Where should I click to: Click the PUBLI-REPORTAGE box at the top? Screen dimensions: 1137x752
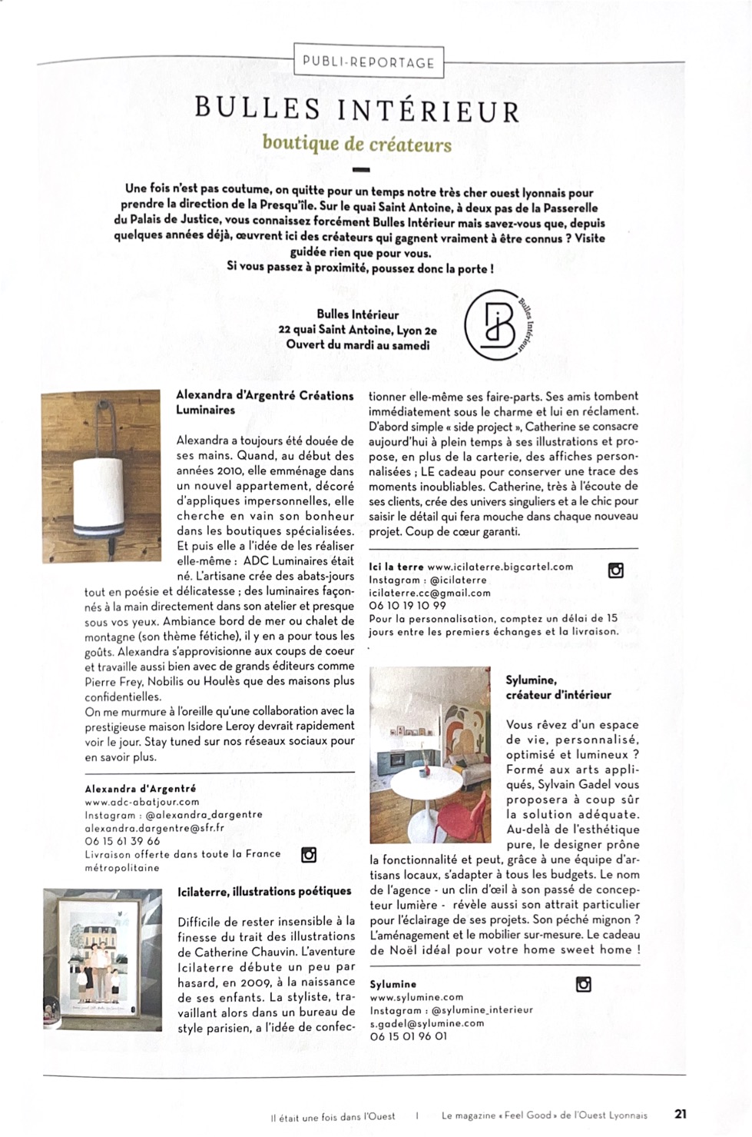(x=369, y=62)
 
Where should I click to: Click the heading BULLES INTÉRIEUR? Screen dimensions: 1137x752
(x=357, y=110)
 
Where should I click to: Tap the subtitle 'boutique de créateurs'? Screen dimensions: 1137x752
(x=357, y=144)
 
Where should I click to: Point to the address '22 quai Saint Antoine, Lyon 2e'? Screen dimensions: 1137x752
(x=357, y=330)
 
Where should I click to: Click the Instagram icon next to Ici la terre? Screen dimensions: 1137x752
(x=615, y=570)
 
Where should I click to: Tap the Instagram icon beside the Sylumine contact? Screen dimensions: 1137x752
(x=584, y=984)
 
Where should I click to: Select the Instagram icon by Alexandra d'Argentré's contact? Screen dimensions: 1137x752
(x=309, y=855)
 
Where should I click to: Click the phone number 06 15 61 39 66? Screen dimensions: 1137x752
(x=122, y=841)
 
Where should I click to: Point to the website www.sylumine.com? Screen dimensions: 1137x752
(x=416, y=997)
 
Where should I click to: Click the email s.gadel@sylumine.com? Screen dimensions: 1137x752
(x=427, y=1023)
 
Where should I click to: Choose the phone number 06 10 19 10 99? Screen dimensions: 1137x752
(x=407, y=605)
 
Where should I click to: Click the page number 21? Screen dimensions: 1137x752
(x=681, y=1114)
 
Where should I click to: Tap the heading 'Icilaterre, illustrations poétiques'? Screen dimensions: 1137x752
(x=264, y=892)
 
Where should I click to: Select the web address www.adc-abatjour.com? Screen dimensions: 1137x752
(x=142, y=802)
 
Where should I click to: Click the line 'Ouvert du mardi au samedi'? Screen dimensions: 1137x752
(x=357, y=344)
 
